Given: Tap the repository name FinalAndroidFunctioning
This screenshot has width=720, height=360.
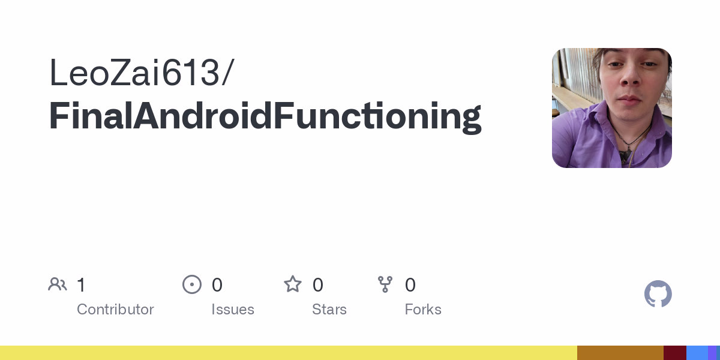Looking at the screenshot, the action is tap(265, 116).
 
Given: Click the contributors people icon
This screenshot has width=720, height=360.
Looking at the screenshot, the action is tap(58, 284).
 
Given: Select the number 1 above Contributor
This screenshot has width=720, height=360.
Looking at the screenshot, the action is tap(82, 285).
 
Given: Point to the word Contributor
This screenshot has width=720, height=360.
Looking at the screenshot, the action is tap(115, 310).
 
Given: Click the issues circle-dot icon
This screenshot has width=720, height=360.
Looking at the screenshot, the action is tap(192, 284).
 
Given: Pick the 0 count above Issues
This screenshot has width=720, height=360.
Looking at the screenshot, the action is tap(217, 285).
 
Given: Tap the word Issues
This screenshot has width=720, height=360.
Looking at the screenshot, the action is tap(233, 310).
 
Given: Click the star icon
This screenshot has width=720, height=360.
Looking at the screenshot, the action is tap(293, 284).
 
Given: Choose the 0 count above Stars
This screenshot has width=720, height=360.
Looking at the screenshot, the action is tap(318, 285).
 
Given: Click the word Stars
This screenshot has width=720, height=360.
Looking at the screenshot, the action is tap(329, 310).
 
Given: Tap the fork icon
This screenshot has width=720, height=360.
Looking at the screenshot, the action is tap(385, 284).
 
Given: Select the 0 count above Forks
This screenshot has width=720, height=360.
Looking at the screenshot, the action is tap(410, 285).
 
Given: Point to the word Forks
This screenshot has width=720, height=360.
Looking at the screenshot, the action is tap(423, 310).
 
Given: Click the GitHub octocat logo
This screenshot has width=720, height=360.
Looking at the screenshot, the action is tap(658, 294).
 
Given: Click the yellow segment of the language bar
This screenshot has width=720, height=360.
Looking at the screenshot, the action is tap(289, 353).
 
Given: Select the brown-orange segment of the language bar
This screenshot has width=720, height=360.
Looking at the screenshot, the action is tap(620, 353).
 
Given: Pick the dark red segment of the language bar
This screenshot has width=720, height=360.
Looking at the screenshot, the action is tap(675, 353).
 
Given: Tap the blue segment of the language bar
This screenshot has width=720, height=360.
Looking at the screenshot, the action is tap(697, 353).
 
